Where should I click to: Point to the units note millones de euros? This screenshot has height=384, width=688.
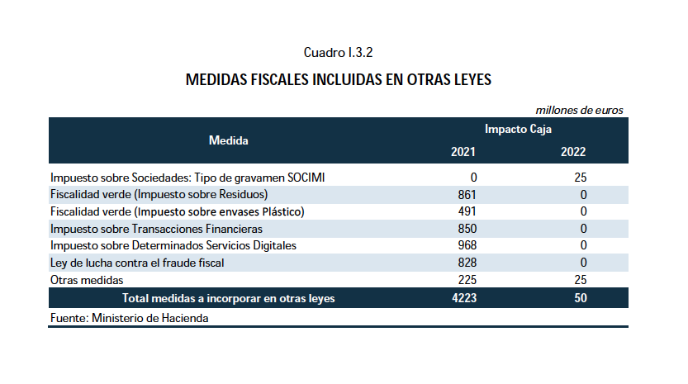579,110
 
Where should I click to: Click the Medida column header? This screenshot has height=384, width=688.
229,140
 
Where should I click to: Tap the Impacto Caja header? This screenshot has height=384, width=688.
518,130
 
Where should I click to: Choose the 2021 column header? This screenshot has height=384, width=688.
463,152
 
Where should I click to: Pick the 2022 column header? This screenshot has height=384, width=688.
573,152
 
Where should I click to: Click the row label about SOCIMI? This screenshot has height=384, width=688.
193,178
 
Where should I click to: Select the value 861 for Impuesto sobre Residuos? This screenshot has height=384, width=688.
467,195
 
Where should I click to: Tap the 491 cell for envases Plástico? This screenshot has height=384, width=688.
467,211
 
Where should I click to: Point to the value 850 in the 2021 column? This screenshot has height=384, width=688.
467,229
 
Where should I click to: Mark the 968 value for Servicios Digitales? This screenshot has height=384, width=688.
467,245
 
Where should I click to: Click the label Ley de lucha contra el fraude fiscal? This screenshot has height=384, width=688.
137,263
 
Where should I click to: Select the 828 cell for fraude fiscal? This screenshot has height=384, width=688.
467,263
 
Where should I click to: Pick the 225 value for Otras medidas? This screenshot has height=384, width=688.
467,280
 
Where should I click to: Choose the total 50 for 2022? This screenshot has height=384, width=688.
580,298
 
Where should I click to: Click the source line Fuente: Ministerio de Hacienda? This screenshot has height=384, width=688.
129,317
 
